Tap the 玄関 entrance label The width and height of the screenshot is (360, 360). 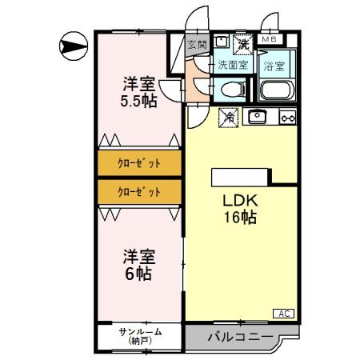tap(196, 46)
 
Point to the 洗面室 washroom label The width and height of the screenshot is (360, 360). tap(232, 64)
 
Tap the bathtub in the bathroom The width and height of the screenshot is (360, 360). tap(278, 89)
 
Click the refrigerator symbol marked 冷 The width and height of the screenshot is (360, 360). tap(227, 117)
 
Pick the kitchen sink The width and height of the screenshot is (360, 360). tap(258, 117)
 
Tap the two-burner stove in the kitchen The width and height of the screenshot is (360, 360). tap(286, 118)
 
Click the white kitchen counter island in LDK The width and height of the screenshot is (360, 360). tap(241, 177)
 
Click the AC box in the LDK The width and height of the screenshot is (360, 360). tap(285, 313)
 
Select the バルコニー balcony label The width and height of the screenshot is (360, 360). tap(238, 336)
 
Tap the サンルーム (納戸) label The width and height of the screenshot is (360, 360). tap(140, 336)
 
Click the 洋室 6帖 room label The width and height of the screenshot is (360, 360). tap(138, 265)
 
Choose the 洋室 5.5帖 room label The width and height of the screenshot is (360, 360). tap(138, 91)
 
